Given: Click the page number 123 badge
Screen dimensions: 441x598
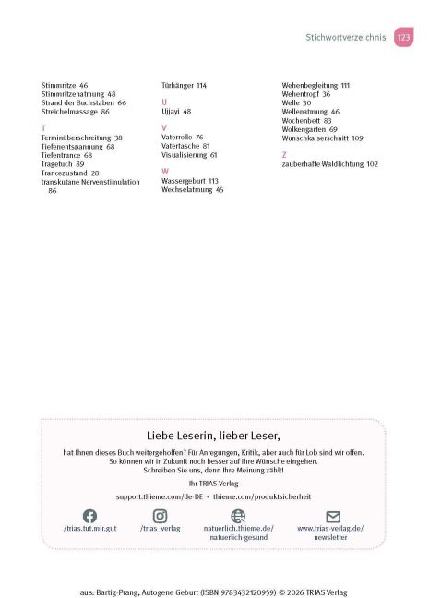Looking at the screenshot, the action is (x=403, y=37).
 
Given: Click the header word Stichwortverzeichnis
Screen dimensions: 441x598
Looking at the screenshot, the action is (x=346, y=38).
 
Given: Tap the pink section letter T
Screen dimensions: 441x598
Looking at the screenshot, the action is (x=43, y=128).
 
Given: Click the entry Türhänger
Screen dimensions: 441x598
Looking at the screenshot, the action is (x=177, y=85).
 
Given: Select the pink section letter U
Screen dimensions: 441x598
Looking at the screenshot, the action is (x=164, y=102).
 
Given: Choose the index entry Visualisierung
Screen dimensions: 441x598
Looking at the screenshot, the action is (x=184, y=155).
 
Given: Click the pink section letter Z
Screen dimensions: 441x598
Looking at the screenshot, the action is (x=284, y=155).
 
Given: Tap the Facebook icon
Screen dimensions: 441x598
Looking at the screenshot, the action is (x=89, y=516).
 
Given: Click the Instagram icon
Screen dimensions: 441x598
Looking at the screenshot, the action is (x=161, y=516).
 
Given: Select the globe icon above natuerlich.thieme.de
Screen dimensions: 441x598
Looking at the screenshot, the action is (x=238, y=516).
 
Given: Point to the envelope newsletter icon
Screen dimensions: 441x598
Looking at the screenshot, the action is (x=333, y=516).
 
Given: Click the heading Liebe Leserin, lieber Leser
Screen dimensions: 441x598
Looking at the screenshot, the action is (x=213, y=435).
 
